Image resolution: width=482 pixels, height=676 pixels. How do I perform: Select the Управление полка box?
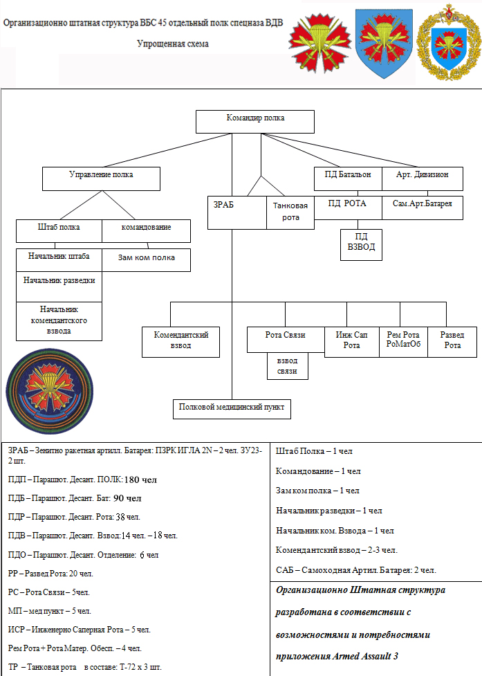pyautogui.click(x=101, y=178)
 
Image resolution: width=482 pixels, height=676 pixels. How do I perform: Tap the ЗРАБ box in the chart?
pyautogui.click(x=237, y=212)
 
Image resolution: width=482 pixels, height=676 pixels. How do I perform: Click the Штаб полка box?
pyautogui.click(x=59, y=230)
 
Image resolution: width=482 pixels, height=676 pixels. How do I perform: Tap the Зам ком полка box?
pyautogui.click(x=146, y=259)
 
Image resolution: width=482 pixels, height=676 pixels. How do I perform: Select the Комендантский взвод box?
pyautogui.click(x=180, y=341)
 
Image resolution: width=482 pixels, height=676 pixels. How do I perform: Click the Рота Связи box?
pyautogui.click(x=285, y=340)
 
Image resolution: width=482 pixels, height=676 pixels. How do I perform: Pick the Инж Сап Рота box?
pyautogui.click(x=351, y=341)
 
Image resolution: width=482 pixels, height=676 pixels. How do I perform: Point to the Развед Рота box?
pyautogui.click(x=452, y=341)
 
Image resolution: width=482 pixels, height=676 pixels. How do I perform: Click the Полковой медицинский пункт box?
pyautogui.click(x=232, y=408)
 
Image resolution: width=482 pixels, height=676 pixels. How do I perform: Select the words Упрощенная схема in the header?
pyautogui.click(x=173, y=44)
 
